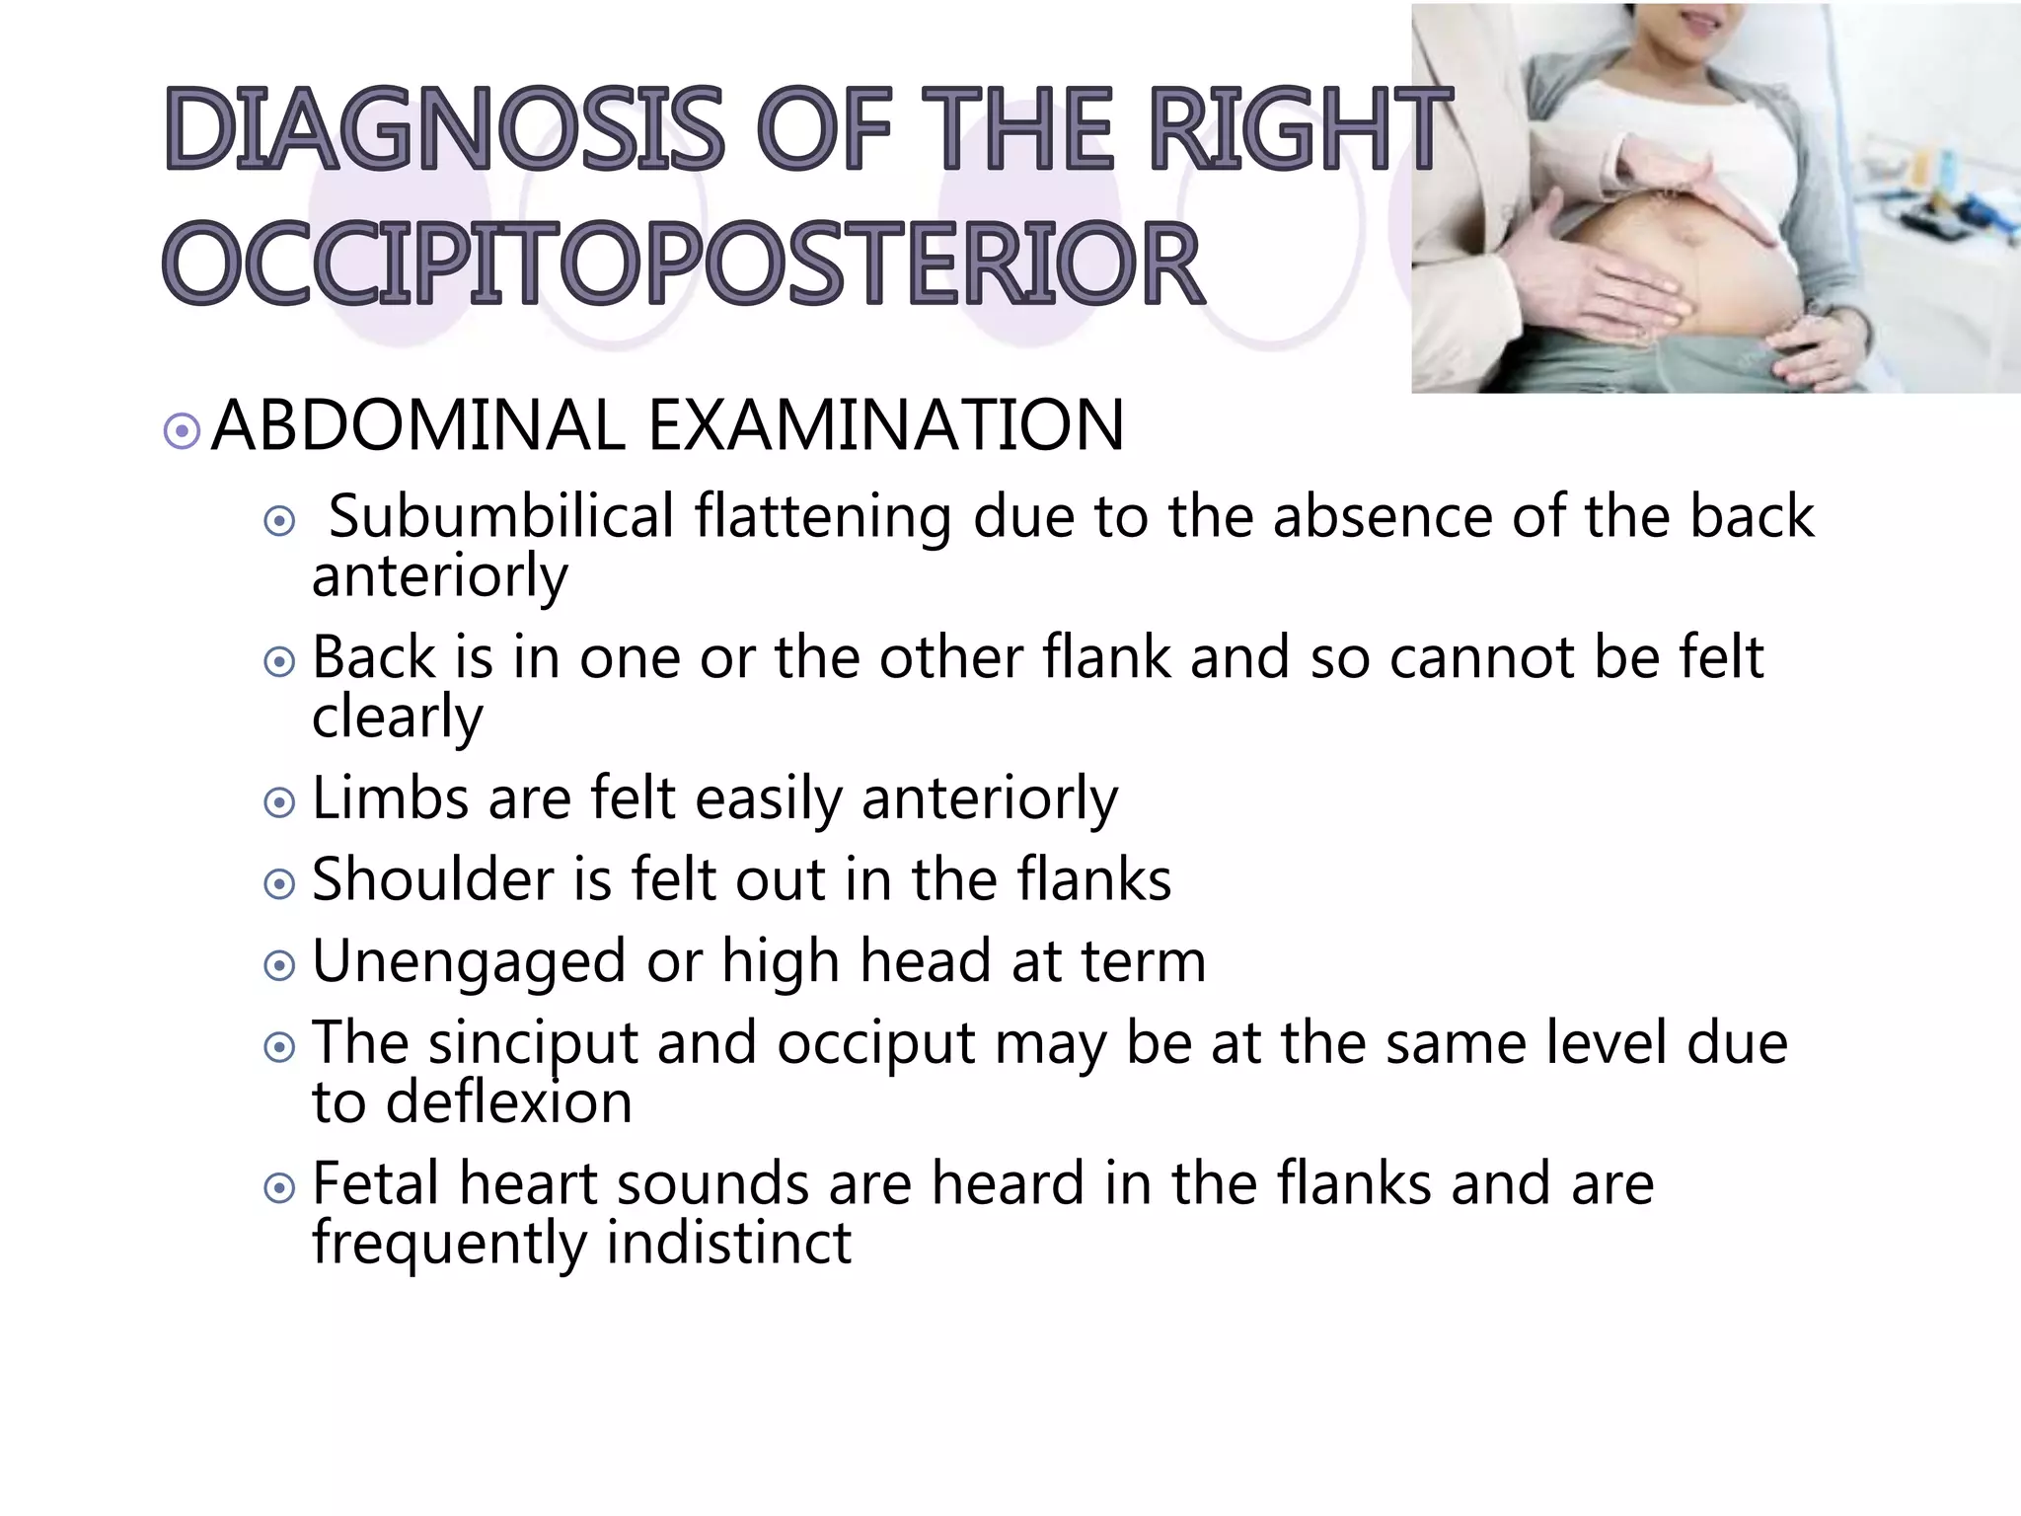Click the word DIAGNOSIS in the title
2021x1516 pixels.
[444, 128]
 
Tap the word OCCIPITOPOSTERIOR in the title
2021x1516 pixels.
[683, 264]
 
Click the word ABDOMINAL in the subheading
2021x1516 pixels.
[418, 425]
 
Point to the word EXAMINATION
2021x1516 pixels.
[885, 425]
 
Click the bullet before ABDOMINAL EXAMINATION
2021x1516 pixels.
[182, 431]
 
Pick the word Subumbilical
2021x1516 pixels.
[500, 516]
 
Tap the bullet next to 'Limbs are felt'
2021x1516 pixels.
[279, 802]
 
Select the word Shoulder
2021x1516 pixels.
[432, 878]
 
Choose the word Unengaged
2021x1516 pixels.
[469, 962]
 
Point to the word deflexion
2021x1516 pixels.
[508, 1102]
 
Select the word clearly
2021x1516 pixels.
[397, 718]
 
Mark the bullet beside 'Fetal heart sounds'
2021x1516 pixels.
[279, 1187]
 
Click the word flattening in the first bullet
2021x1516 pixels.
[822, 516]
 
